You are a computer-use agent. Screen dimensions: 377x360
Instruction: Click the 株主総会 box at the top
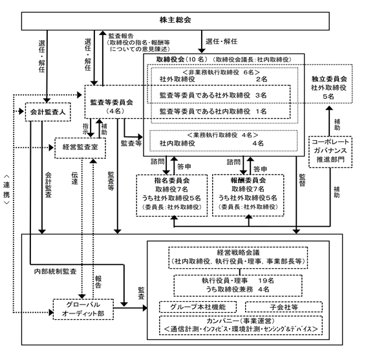tap(175, 21)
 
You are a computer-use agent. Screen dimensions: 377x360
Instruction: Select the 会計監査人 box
tap(48, 112)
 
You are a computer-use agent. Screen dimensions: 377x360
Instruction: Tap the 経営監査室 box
tap(80, 148)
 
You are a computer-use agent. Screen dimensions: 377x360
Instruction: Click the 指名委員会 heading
tap(171, 180)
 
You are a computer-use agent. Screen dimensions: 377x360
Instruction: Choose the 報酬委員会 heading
tap(248, 180)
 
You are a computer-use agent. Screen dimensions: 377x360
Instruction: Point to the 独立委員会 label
tap(329, 79)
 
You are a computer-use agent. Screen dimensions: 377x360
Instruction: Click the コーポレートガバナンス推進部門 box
tap(330, 152)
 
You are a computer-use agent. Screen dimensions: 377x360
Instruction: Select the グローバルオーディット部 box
tap(83, 310)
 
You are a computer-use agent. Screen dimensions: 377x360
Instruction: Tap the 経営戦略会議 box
tap(238, 258)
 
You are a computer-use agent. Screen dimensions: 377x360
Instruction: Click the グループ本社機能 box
tap(198, 307)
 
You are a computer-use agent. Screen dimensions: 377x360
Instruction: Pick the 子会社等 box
tap(284, 307)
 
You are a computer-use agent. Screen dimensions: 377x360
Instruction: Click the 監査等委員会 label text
tap(112, 102)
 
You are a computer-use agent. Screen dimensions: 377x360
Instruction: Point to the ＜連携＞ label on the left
tap(6, 189)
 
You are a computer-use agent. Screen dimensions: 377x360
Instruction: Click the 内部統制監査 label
tap(56, 271)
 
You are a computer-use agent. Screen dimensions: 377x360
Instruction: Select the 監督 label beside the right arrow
tap(302, 180)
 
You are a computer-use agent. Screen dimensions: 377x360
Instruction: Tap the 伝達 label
tap(74, 178)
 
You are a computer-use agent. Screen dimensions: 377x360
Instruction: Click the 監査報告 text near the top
tap(121, 36)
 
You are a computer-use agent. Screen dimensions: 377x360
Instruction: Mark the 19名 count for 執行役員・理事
tap(266, 281)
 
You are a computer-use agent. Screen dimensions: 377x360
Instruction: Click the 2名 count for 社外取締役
tap(262, 79)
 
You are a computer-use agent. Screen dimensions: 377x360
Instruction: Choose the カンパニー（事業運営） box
tap(241, 325)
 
